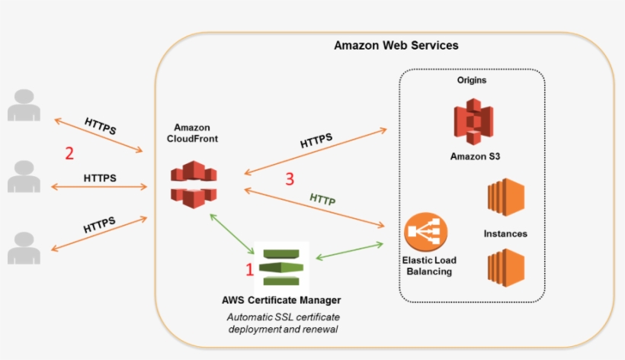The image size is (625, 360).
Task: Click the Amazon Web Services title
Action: click(396, 45)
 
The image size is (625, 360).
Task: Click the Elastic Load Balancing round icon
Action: click(426, 233)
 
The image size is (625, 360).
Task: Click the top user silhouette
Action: click(24, 106)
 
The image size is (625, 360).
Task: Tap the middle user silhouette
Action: click(24, 176)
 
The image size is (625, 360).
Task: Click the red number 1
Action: click(248, 268)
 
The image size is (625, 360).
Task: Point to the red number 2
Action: click(69, 153)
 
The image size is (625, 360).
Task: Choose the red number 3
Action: click(290, 180)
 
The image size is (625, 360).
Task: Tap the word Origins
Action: click(472, 80)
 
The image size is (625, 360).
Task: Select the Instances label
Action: click(505, 233)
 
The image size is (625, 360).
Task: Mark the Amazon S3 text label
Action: click(475, 156)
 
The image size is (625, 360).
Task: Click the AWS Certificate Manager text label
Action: click(281, 300)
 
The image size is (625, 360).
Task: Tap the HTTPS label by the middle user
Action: click(100, 178)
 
